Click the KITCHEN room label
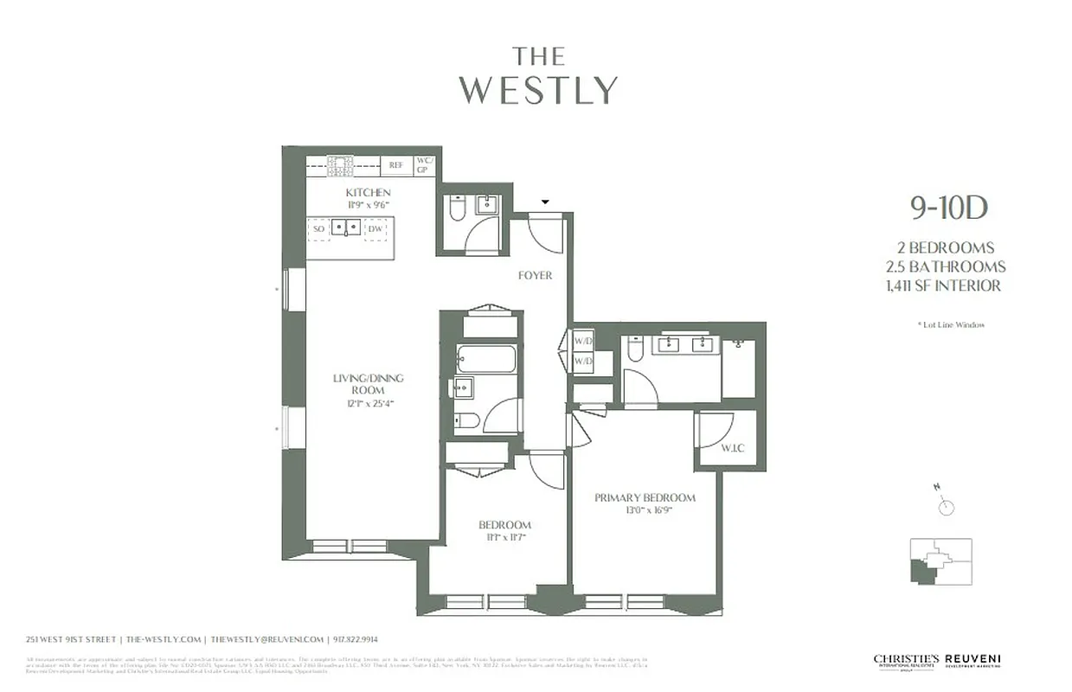pos(368,192)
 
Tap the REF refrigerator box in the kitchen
pos(396,164)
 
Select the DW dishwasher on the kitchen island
pos(375,228)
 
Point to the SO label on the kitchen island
pos(318,228)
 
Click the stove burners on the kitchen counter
pos(340,163)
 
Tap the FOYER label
pos(535,276)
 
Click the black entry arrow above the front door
pos(544,202)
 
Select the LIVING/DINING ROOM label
pos(369,384)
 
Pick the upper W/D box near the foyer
pos(583,340)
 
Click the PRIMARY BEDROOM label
pos(645,497)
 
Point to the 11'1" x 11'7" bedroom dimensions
pos(504,537)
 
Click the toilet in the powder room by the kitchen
pos(458,208)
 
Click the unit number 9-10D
pos(948,208)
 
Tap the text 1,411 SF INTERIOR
pos(949,285)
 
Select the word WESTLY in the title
pos(538,91)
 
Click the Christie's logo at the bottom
pos(905,661)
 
